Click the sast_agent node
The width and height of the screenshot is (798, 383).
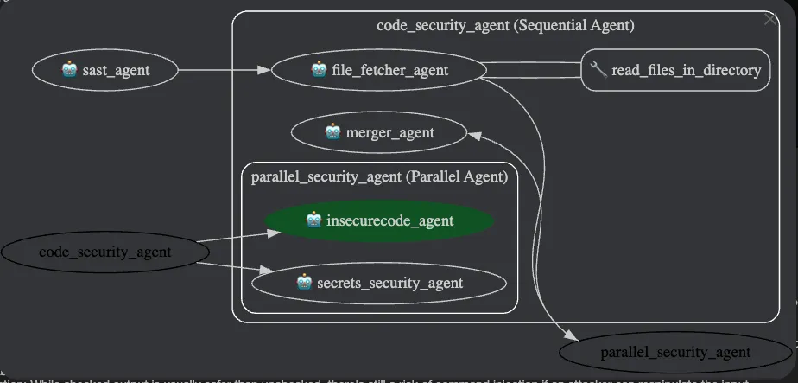(105, 70)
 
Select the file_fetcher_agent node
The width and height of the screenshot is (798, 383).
(377, 70)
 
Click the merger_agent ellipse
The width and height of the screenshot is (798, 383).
(380, 132)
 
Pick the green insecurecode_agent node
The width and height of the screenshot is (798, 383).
(380, 220)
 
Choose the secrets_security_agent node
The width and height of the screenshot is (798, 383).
(378, 283)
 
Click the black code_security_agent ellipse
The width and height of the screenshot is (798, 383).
(104, 252)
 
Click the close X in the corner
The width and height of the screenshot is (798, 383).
(770, 19)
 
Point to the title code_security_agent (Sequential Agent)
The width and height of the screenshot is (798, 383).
(505, 25)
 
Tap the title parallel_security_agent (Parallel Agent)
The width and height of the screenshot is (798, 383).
(379, 176)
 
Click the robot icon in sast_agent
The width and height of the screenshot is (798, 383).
(70, 70)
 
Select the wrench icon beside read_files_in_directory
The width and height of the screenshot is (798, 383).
(598, 70)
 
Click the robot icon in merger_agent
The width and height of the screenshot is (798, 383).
(332, 132)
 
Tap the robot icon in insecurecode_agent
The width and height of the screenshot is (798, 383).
(314, 220)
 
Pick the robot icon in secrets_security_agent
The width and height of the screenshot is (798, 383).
(303, 283)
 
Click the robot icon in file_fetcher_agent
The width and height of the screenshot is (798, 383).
(319, 70)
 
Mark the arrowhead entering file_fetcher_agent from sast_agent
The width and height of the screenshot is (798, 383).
(265, 70)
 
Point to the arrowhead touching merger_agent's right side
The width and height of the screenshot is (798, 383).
(474, 134)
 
